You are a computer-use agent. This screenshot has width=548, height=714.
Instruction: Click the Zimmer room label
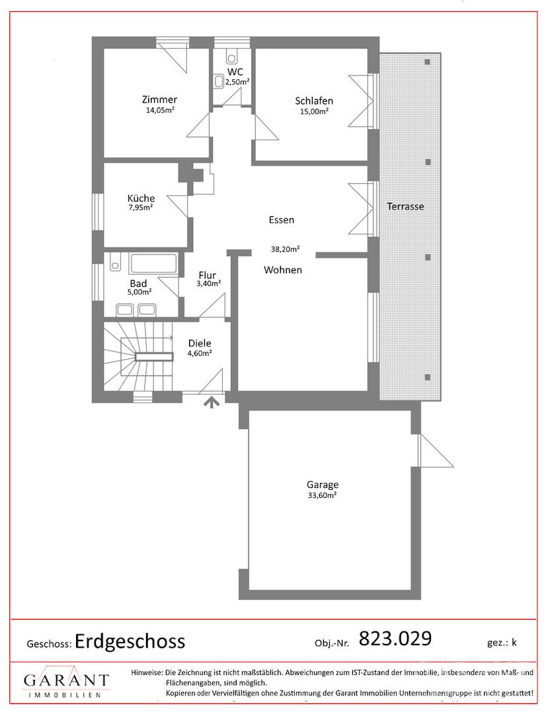pyautogui.click(x=159, y=99)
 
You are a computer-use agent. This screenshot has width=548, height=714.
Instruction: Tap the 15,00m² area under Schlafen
pyautogui.click(x=314, y=111)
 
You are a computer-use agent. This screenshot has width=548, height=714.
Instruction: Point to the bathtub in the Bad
pyautogui.click(x=153, y=264)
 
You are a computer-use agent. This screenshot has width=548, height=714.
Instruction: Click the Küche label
pyautogui.click(x=141, y=198)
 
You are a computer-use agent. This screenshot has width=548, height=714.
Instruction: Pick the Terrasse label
pyautogui.click(x=405, y=206)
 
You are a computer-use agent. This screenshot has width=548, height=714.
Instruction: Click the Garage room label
pyautogui.click(x=322, y=485)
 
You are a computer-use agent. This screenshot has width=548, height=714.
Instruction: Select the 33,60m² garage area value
pyautogui.click(x=322, y=495)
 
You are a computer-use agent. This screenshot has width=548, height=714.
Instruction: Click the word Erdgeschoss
pyautogui.click(x=130, y=641)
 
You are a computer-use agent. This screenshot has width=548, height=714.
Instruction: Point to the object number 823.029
pyautogui.click(x=395, y=639)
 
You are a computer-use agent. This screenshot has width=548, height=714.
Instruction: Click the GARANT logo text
pyautogui.click(x=67, y=680)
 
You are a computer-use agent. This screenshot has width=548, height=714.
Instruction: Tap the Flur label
pyautogui.click(x=207, y=276)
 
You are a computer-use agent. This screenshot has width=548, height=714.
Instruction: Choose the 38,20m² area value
pyautogui.click(x=285, y=249)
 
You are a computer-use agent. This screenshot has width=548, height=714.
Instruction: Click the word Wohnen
pyautogui.click(x=283, y=270)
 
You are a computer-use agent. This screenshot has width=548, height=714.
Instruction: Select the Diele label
pyautogui.click(x=200, y=344)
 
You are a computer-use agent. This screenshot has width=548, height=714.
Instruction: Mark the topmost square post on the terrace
pyautogui.click(x=428, y=62)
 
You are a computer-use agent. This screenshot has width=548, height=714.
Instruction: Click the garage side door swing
pyautogui.click(x=436, y=450)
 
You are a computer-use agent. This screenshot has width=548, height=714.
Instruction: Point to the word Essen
pyautogui.click(x=282, y=220)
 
